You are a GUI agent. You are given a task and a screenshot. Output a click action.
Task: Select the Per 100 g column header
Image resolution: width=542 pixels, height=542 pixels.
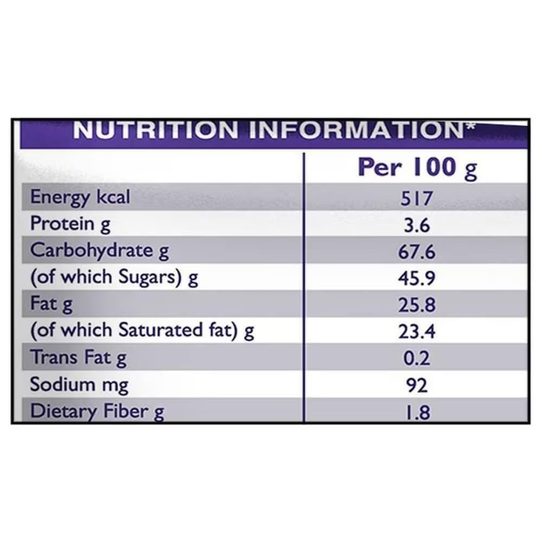(417, 167)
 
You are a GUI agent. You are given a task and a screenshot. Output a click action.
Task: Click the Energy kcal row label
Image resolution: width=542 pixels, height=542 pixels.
(80, 197)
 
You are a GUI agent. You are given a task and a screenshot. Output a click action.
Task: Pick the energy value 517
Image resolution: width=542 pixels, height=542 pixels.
(417, 198)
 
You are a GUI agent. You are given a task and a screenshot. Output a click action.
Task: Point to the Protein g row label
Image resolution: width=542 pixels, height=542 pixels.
(70, 224)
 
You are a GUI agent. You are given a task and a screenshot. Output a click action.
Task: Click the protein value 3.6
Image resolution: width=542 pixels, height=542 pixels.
(417, 225)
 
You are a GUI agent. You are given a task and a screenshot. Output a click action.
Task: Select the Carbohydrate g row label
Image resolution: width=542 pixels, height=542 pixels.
(100, 250)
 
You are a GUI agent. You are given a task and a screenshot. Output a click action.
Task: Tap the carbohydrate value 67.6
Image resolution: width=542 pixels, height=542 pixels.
(417, 251)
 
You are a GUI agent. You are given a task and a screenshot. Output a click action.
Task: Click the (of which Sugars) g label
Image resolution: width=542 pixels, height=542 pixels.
(114, 278)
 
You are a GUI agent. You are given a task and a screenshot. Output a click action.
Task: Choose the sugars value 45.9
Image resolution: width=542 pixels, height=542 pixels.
(417, 278)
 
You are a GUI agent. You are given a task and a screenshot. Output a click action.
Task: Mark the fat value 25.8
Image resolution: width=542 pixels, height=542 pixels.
(417, 305)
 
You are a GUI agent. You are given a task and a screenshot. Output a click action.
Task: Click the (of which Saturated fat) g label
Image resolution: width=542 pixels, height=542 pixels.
(142, 331)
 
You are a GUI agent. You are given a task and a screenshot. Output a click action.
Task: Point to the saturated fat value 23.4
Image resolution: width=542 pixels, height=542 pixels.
(417, 331)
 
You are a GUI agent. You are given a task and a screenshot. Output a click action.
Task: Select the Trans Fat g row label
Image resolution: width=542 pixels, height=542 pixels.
(78, 358)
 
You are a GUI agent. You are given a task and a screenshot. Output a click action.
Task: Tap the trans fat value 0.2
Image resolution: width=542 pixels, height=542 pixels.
(417, 358)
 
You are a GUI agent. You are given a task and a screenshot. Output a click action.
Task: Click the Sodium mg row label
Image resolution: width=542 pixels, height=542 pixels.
(79, 384)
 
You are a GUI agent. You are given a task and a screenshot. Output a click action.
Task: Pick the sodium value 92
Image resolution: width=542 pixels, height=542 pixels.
(417, 385)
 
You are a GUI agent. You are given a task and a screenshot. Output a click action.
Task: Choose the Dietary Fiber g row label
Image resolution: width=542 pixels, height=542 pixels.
(97, 411)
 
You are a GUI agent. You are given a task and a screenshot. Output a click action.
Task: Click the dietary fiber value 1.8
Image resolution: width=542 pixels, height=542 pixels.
(417, 412)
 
